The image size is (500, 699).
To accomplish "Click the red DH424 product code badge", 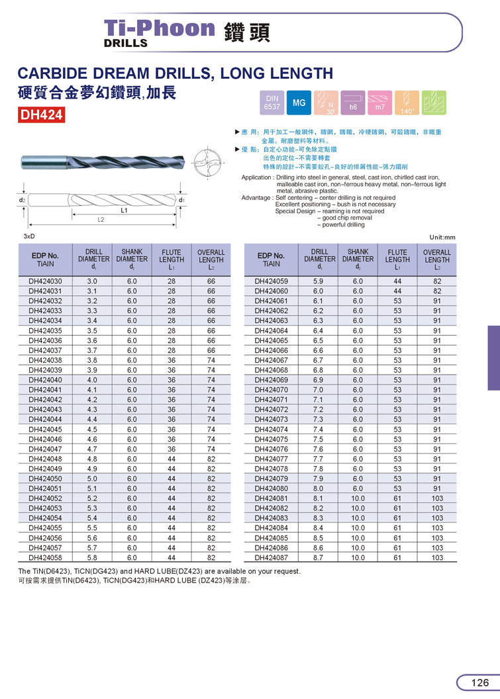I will [x=42, y=115].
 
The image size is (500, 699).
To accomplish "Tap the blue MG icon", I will [x=299, y=103].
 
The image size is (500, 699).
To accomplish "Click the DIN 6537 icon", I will [x=272, y=103].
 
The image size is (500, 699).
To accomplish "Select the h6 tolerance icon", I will [x=353, y=103].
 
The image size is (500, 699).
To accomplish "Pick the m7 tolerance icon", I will [x=380, y=103].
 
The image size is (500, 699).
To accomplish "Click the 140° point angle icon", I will [x=407, y=103].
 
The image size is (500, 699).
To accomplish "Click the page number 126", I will [x=480, y=682].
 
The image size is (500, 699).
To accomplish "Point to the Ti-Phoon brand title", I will [x=160, y=28].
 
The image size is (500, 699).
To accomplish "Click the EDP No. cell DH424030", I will [x=45, y=281].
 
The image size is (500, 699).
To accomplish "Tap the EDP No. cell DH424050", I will [x=45, y=479].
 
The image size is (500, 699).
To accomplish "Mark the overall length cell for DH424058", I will [x=211, y=558].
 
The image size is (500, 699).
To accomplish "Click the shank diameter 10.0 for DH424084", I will [x=358, y=528].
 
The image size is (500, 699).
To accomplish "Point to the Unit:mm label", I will [x=443, y=238].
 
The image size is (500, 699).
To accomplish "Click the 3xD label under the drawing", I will [x=28, y=236].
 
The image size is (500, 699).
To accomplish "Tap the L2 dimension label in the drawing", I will [x=101, y=219].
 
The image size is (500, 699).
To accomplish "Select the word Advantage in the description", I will [x=256, y=198].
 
